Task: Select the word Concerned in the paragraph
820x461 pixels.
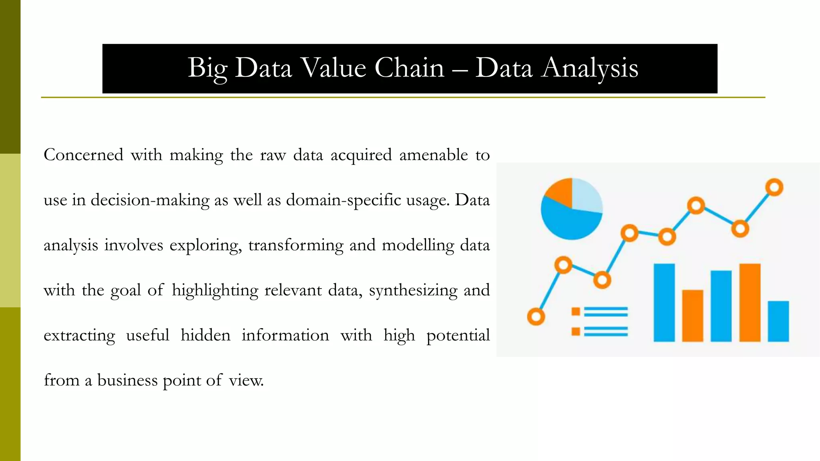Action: (x=83, y=155)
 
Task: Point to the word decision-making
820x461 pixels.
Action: (x=150, y=200)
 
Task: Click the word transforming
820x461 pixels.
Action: (x=295, y=245)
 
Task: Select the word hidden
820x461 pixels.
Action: (x=205, y=335)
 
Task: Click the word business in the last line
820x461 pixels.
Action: (x=127, y=380)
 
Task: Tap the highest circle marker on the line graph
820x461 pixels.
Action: (x=774, y=187)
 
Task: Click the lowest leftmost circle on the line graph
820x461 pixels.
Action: (x=536, y=317)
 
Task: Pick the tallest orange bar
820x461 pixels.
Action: (x=750, y=302)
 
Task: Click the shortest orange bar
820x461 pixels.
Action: (x=692, y=315)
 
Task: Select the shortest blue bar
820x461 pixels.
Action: (x=778, y=321)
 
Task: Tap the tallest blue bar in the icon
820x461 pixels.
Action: (x=664, y=302)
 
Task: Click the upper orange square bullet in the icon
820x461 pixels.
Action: (x=576, y=312)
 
